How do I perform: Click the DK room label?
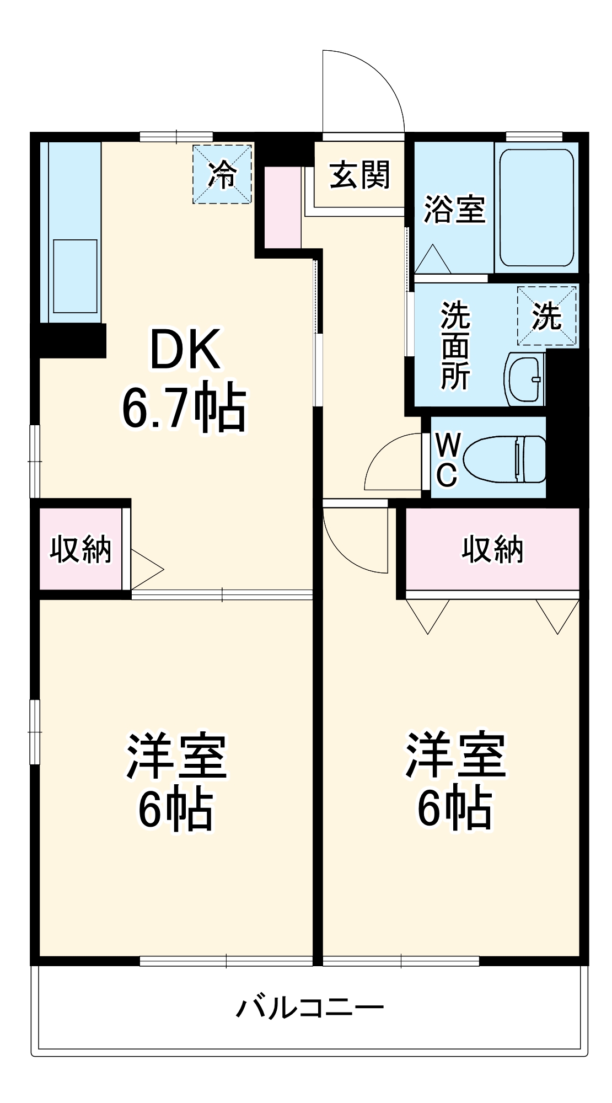click(x=185, y=350)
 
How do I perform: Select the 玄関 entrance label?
click(x=360, y=175)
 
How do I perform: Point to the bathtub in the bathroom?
click(x=536, y=208)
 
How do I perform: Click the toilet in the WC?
click(x=504, y=459)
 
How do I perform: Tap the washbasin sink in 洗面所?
click(x=524, y=379)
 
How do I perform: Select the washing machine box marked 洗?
click(x=547, y=316)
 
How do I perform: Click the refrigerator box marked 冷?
click(x=222, y=174)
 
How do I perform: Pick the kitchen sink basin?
click(x=75, y=276)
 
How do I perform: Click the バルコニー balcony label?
click(x=310, y=1008)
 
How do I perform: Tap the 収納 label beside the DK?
click(x=81, y=549)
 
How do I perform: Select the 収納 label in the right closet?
click(x=492, y=549)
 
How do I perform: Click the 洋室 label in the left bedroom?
click(x=176, y=756)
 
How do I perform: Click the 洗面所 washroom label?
click(x=455, y=346)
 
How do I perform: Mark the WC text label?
click(x=447, y=459)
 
